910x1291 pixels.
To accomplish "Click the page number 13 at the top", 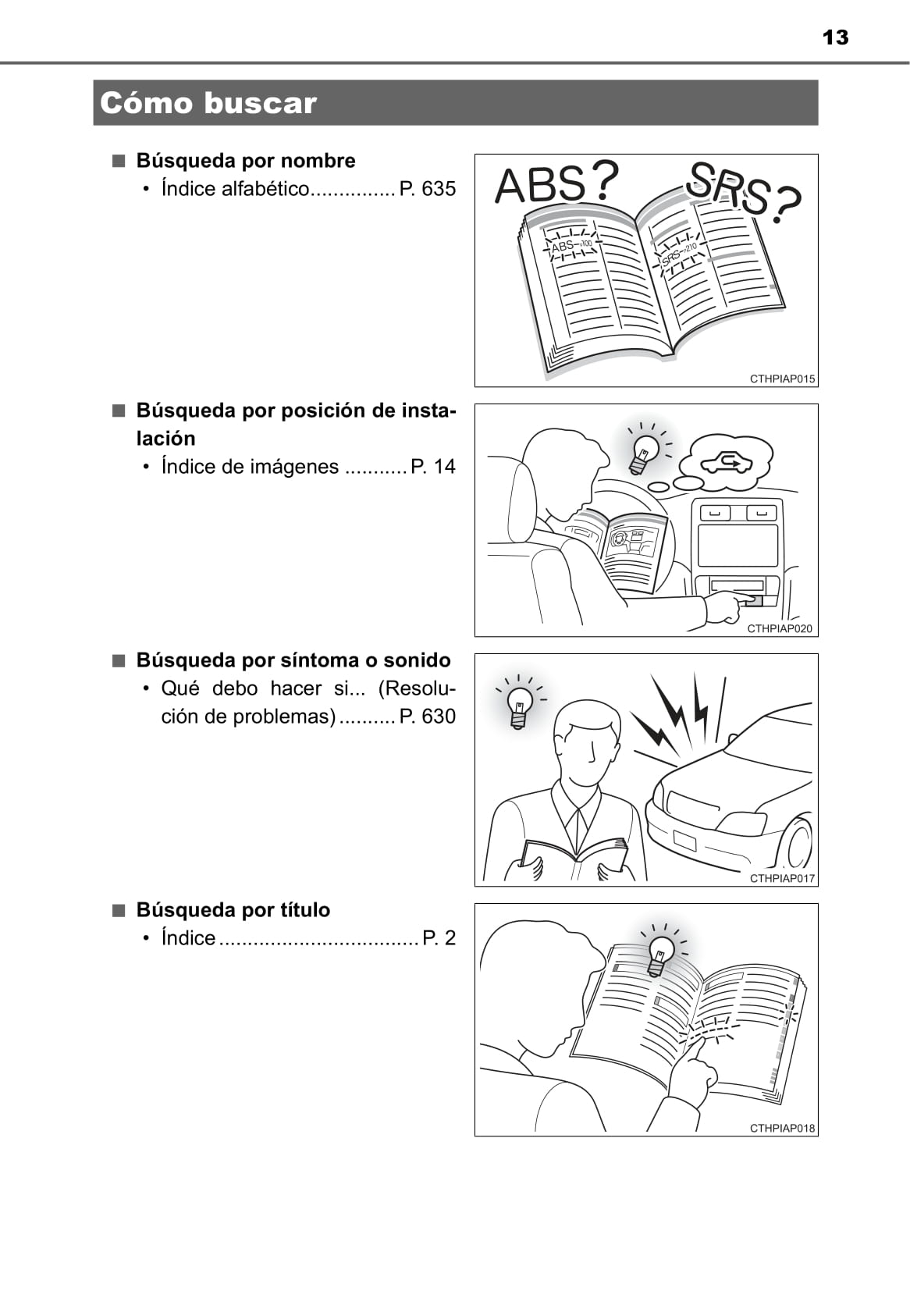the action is click(x=835, y=37).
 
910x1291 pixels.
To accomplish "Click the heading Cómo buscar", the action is click(x=208, y=103).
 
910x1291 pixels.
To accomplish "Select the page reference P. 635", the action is click(x=427, y=188).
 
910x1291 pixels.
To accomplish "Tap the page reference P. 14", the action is click(x=433, y=466).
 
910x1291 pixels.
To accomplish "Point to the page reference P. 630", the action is click(x=427, y=716).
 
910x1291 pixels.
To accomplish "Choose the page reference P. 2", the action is click(x=439, y=937).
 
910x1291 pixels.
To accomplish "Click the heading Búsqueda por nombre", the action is click(x=246, y=161).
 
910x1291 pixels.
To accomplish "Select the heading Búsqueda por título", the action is click(x=233, y=910).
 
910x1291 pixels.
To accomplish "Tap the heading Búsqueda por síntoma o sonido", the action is click(x=293, y=660).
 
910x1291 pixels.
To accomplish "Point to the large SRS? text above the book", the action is click(x=744, y=192).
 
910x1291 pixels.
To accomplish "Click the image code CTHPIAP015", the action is click(x=782, y=379).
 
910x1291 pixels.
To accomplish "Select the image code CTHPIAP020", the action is click(x=780, y=628).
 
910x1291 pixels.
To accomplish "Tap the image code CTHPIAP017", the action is click(x=782, y=878).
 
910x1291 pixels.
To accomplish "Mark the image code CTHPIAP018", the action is click(x=782, y=1128).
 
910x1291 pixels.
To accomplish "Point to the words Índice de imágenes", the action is click(x=250, y=466).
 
